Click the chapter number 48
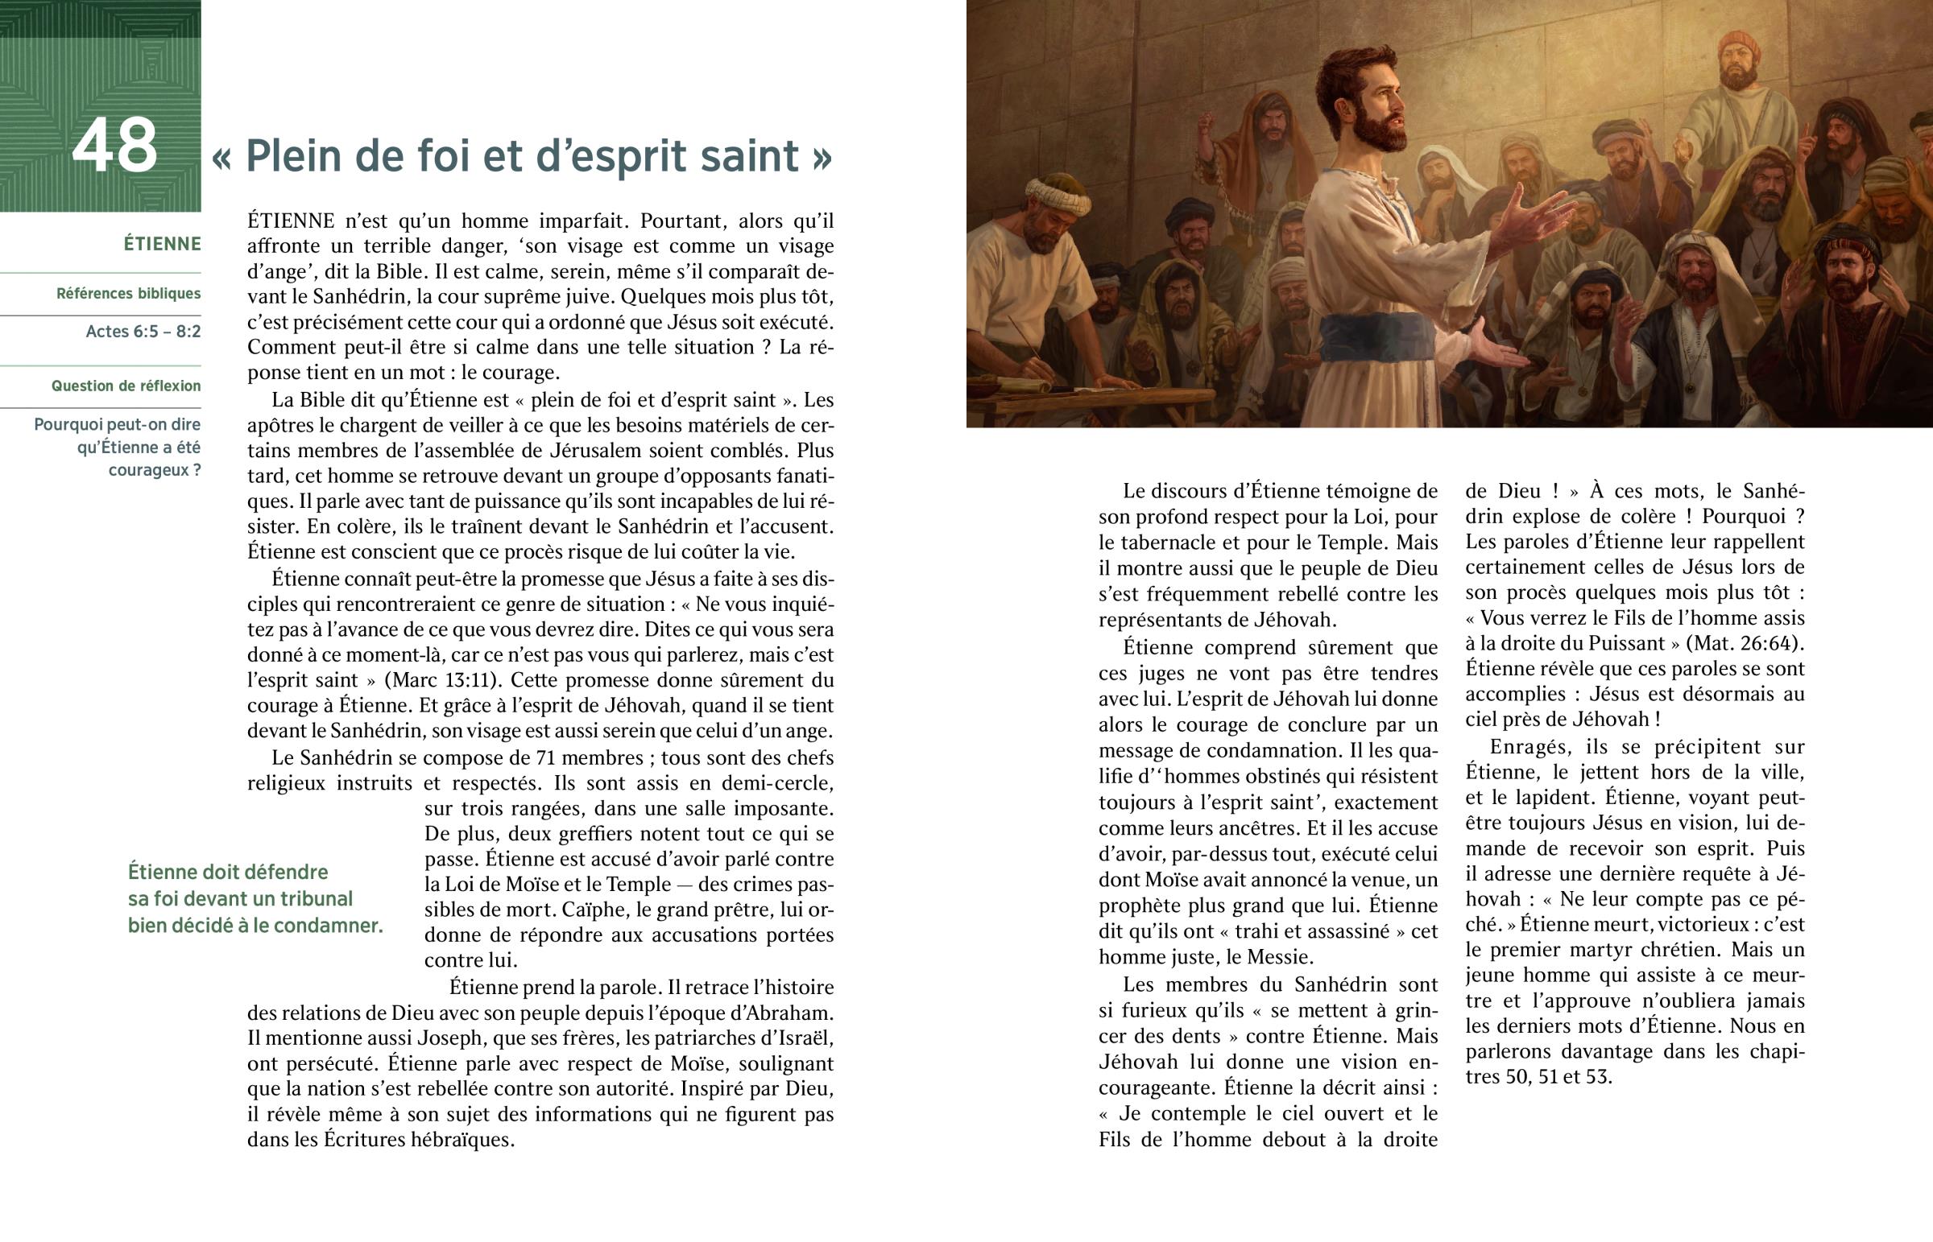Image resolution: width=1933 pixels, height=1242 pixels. pyautogui.click(x=114, y=146)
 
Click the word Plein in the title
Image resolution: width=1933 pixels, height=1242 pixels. pyautogui.click(x=293, y=155)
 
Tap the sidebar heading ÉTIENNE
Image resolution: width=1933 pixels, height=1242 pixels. pyautogui.click(x=162, y=244)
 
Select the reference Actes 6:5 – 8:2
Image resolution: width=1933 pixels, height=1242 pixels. pyautogui.click(x=143, y=332)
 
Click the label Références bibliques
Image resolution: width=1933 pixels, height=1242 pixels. pyautogui.click(x=128, y=294)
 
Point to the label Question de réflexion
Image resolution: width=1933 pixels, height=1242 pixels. pyautogui.click(x=126, y=386)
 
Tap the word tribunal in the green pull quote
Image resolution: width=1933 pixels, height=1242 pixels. pyautogui.click(x=313, y=898)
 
